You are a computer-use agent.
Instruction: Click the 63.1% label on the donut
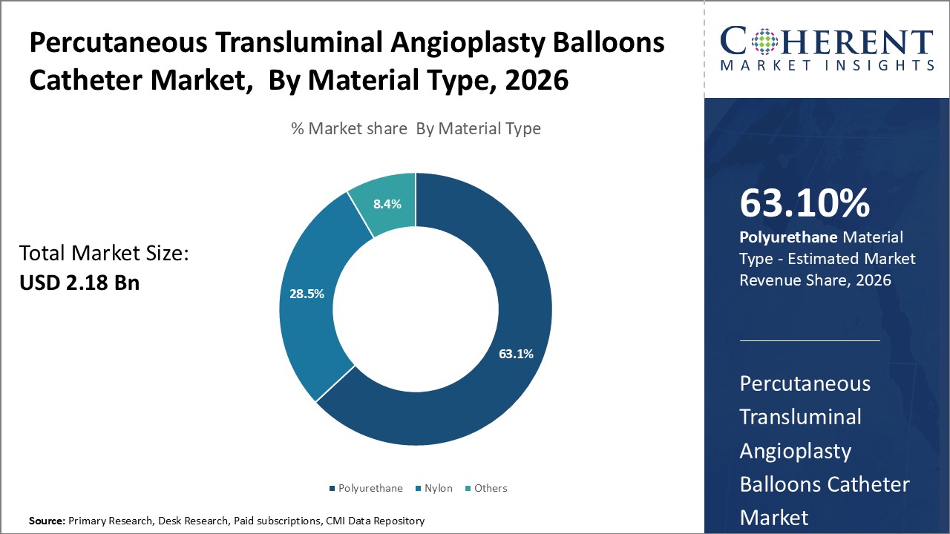pos(516,354)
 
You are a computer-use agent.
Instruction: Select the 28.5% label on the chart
pos(307,294)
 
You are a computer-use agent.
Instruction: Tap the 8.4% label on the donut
pos(387,203)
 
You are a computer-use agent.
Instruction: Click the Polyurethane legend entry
pos(370,488)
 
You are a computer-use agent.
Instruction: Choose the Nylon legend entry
pos(438,488)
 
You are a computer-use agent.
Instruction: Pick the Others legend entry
pos(491,488)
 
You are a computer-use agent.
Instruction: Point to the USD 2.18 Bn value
pos(79,283)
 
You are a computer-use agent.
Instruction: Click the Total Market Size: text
pos(104,254)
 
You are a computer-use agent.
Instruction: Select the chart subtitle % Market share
pos(416,128)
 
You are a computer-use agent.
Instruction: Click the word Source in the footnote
pos(46,521)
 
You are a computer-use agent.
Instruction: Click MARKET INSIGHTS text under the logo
pos(827,65)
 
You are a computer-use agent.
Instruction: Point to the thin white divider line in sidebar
pos(809,340)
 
